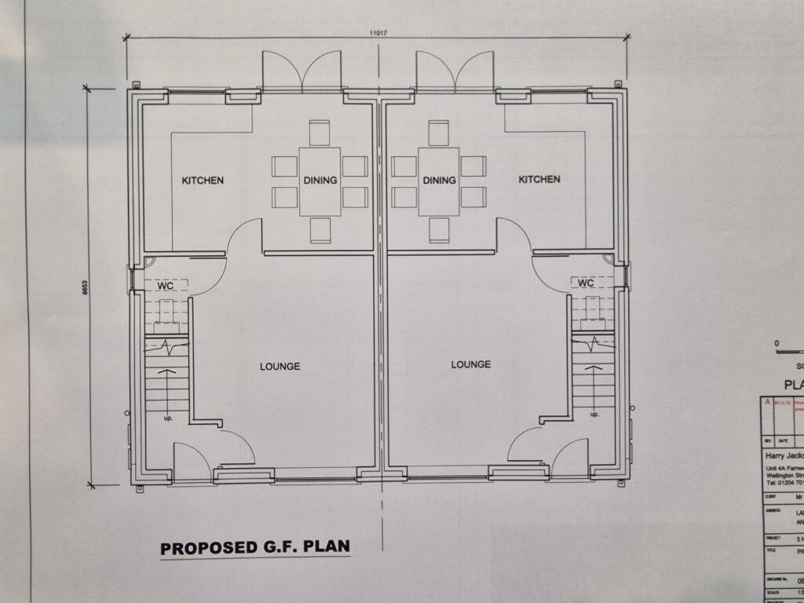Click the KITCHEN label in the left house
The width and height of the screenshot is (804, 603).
pos(203,181)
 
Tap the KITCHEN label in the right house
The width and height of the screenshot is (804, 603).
pos(539,179)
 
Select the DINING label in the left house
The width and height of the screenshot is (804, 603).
pos(320,181)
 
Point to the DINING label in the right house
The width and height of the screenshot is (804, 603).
pos(439,181)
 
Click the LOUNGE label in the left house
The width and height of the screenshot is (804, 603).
pos(280,366)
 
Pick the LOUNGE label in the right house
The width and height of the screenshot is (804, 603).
pos(471,364)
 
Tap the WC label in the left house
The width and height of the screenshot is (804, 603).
pos(165,286)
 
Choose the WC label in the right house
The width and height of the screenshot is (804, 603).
pos(586,283)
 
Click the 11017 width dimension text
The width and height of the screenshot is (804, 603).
pos(381,33)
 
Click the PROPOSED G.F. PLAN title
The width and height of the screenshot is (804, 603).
pos(255,547)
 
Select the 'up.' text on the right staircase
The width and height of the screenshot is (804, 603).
pos(594,414)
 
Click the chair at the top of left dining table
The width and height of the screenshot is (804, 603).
pos(319,133)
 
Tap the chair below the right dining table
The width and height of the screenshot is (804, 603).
pos(439,230)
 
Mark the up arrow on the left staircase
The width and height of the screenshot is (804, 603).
pos(166,375)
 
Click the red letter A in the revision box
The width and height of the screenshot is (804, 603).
pos(767,402)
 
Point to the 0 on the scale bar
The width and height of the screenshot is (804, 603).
pos(777,343)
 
